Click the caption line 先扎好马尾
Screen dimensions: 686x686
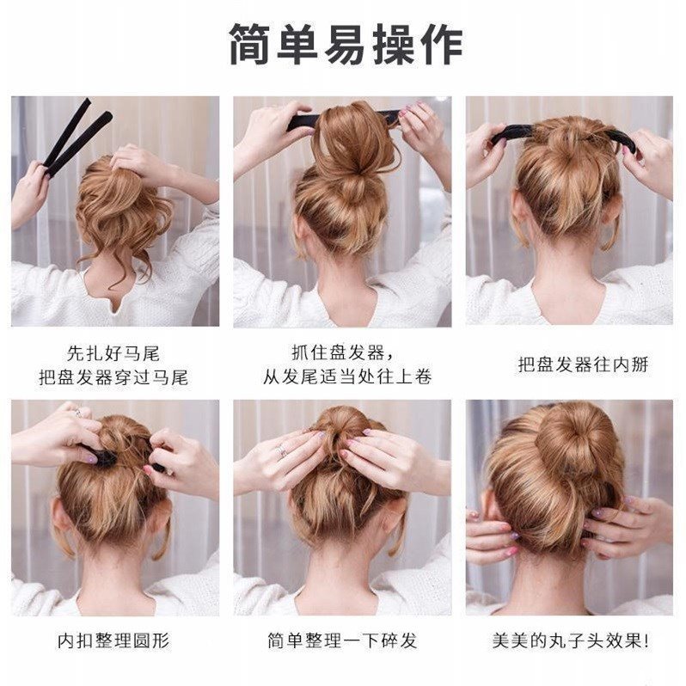[113, 352]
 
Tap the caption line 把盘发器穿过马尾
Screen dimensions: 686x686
[113, 377]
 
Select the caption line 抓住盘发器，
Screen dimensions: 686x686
[343, 352]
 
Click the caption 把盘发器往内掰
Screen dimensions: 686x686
[571, 364]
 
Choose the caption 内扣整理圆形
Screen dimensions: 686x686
[113, 640]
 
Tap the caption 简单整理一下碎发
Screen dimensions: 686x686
[342, 640]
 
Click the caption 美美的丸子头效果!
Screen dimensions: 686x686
[571, 640]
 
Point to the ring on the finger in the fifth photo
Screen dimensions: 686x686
[282, 450]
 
